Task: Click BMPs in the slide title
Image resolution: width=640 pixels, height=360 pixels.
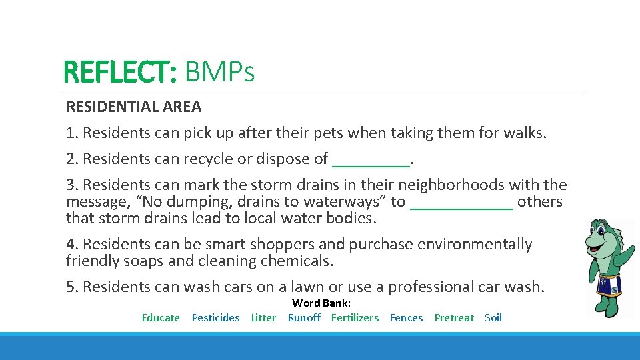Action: coord(219,72)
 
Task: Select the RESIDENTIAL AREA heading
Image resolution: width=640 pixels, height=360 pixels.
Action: coord(133,107)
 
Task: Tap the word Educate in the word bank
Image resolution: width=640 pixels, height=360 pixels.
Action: coord(161,318)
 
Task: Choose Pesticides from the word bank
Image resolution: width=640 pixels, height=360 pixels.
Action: coord(215,318)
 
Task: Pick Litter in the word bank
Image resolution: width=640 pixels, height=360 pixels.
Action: coord(263,318)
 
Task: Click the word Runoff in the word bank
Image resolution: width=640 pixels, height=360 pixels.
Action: coord(304,318)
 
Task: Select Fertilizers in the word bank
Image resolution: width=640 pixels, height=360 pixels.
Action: coord(355,318)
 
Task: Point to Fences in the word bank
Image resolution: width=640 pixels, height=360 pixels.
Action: coord(406,318)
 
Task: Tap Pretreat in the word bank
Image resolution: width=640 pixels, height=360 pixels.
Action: coord(454,318)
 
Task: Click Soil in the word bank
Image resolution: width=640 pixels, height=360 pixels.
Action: coord(493,318)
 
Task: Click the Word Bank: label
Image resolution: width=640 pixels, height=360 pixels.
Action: coord(321,303)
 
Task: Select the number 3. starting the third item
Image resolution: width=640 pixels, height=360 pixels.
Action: coord(72,185)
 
